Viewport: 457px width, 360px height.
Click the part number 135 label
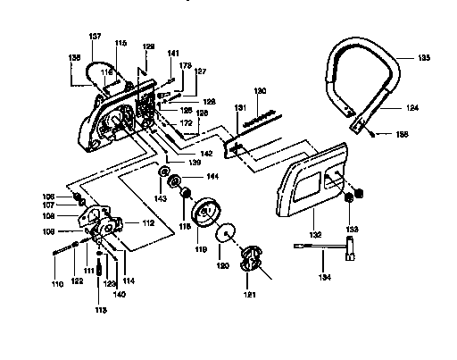[423, 57]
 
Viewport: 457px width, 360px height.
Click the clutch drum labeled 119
[207, 218]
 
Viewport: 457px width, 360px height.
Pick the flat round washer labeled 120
[230, 238]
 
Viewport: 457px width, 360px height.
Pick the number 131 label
[241, 107]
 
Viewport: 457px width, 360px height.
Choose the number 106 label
[49, 196]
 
